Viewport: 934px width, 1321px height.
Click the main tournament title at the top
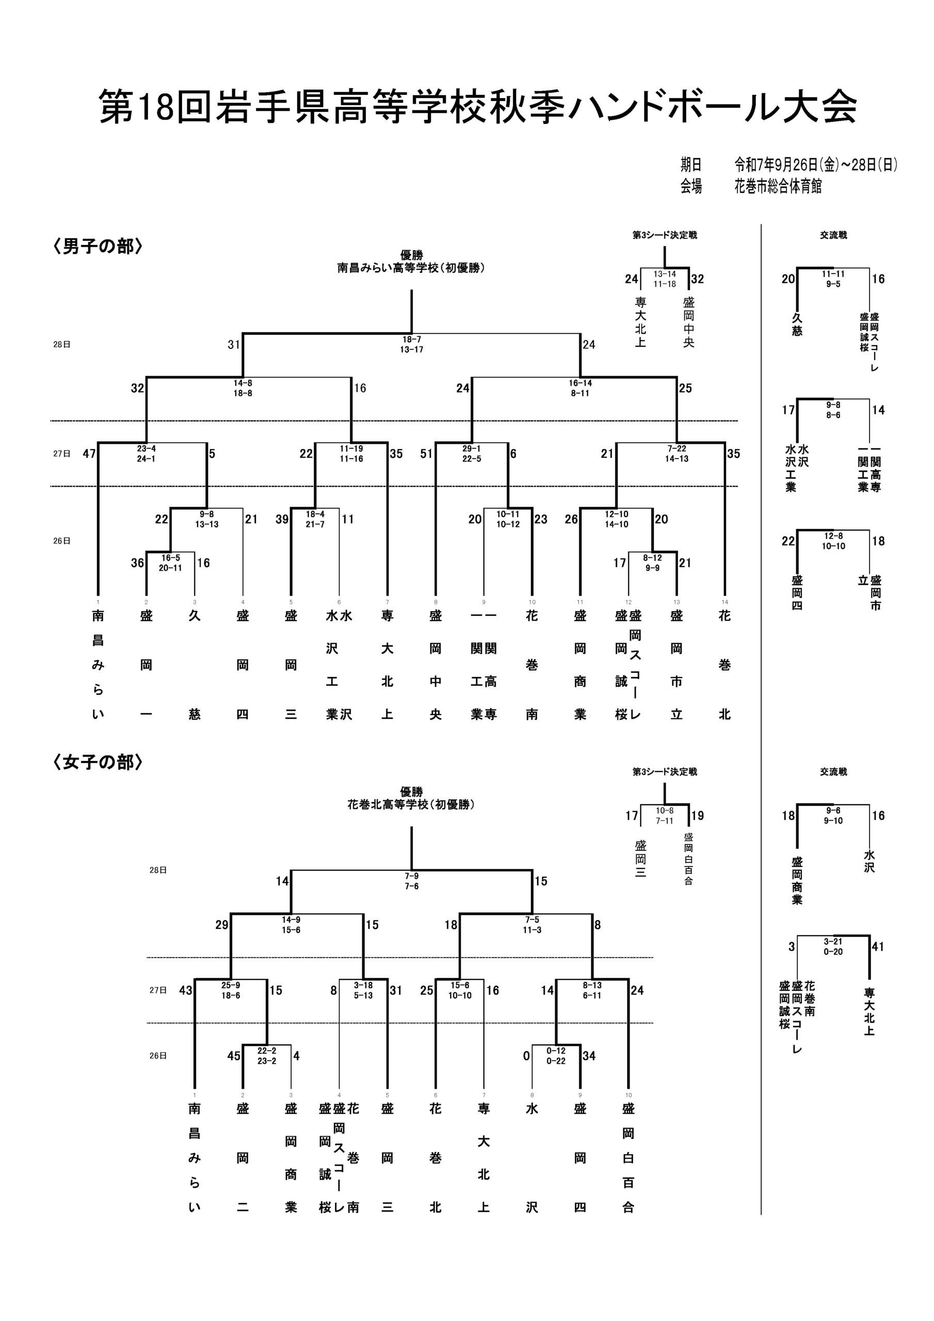point(478,106)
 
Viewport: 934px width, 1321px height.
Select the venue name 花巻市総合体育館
point(778,186)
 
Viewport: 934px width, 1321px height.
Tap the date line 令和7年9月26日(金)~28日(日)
point(815,165)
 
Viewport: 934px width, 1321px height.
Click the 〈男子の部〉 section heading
point(98,247)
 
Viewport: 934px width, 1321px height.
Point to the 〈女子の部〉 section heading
point(98,762)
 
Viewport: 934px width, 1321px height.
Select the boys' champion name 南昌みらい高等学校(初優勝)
point(411,268)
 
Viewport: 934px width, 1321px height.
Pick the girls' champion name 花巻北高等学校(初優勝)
point(411,804)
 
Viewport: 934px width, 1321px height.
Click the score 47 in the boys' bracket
point(89,454)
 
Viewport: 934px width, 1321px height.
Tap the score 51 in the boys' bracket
point(426,454)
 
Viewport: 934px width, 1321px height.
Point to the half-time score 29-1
point(471,448)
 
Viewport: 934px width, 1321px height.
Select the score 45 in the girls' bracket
point(234,1056)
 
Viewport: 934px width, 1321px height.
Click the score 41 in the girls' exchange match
point(878,946)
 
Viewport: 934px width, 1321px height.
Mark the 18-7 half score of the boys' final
point(411,340)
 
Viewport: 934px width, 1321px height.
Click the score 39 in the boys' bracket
point(282,519)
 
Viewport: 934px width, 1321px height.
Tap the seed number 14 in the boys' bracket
point(724,602)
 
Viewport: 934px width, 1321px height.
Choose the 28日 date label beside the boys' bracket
point(61,345)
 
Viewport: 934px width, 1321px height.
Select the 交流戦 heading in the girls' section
point(833,771)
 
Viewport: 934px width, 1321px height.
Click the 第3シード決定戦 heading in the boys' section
point(665,235)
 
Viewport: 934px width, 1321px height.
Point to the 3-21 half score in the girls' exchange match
point(833,941)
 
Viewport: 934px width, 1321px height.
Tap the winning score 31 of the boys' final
point(234,345)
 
